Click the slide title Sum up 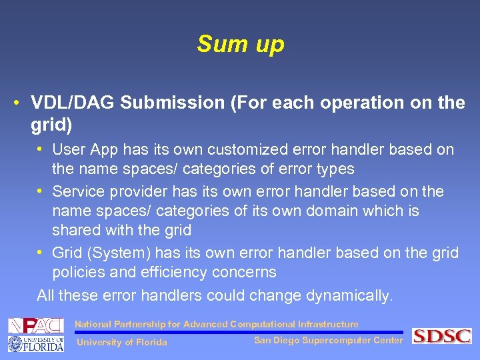pos(240,44)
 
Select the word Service pos(79,191)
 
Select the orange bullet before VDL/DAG pos(15,103)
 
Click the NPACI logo pos(35,326)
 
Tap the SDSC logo pos(441,336)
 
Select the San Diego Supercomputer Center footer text pos(328,341)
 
